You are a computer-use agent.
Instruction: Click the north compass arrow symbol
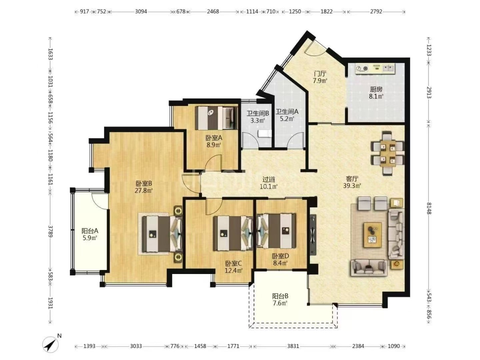point(50,345)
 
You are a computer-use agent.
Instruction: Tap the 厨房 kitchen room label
point(376,89)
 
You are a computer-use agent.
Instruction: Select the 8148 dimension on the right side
point(429,208)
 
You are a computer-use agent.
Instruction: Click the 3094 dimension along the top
point(141,11)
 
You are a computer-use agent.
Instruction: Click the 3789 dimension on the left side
point(50,231)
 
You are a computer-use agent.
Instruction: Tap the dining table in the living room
point(388,153)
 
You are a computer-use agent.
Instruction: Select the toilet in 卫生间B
point(264,133)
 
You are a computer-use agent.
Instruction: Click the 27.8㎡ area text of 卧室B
point(144,190)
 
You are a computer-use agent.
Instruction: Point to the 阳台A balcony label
point(90,231)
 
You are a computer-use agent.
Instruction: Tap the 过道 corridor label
point(268,180)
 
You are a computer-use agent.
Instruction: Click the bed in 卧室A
point(216,118)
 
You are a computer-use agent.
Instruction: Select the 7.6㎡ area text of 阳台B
point(280,303)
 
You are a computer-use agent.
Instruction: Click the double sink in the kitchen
point(388,68)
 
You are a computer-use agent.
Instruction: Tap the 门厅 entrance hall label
point(320,74)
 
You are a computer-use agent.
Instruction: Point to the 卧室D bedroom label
point(280,256)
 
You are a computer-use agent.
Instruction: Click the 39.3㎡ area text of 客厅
point(352,186)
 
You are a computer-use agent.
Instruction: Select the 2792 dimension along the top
point(376,11)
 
